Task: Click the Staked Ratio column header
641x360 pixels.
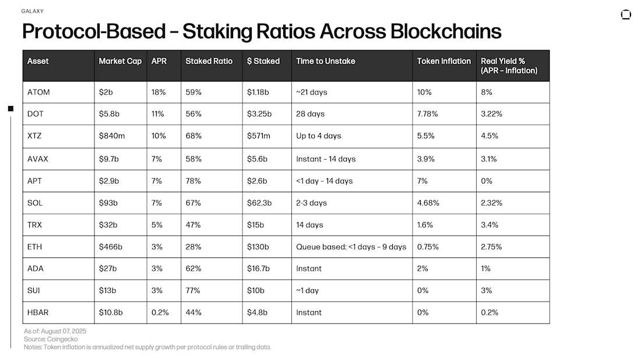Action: pyautogui.click(x=209, y=61)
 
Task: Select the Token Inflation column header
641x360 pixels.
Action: pyautogui.click(x=443, y=61)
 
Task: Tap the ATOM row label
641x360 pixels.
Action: pyautogui.click(x=37, y=92)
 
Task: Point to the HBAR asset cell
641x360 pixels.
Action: pyautogui.click(x=37, y=312)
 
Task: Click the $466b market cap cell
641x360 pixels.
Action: pyautogui.click(x=111, y=247)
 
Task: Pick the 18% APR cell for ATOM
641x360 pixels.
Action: pyautogui.click(x=159, y=92)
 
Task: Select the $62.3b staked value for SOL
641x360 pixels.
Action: pyautogui.click(x=260, y=203)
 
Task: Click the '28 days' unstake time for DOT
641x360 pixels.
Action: pyautogui.click(x=310, y=114)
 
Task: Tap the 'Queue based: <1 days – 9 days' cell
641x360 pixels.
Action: pyautogui.click(x=351, y=247)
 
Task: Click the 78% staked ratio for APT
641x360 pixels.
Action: pyautogui.click(x=193, y=181)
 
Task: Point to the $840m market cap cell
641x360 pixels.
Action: pyautogui.click(x=112, y=136)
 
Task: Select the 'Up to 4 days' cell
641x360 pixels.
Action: pyautogui.click(x=318, y=136)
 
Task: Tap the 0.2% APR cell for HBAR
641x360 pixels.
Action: pyautogui.click(x=160, y=312)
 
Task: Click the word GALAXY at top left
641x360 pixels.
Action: pyautogui.click(x=32, y=11)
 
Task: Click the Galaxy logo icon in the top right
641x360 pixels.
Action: pyautogui.click(x=626, y=15)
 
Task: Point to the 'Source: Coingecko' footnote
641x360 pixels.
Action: pyautogui.click(x=51, y=339)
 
